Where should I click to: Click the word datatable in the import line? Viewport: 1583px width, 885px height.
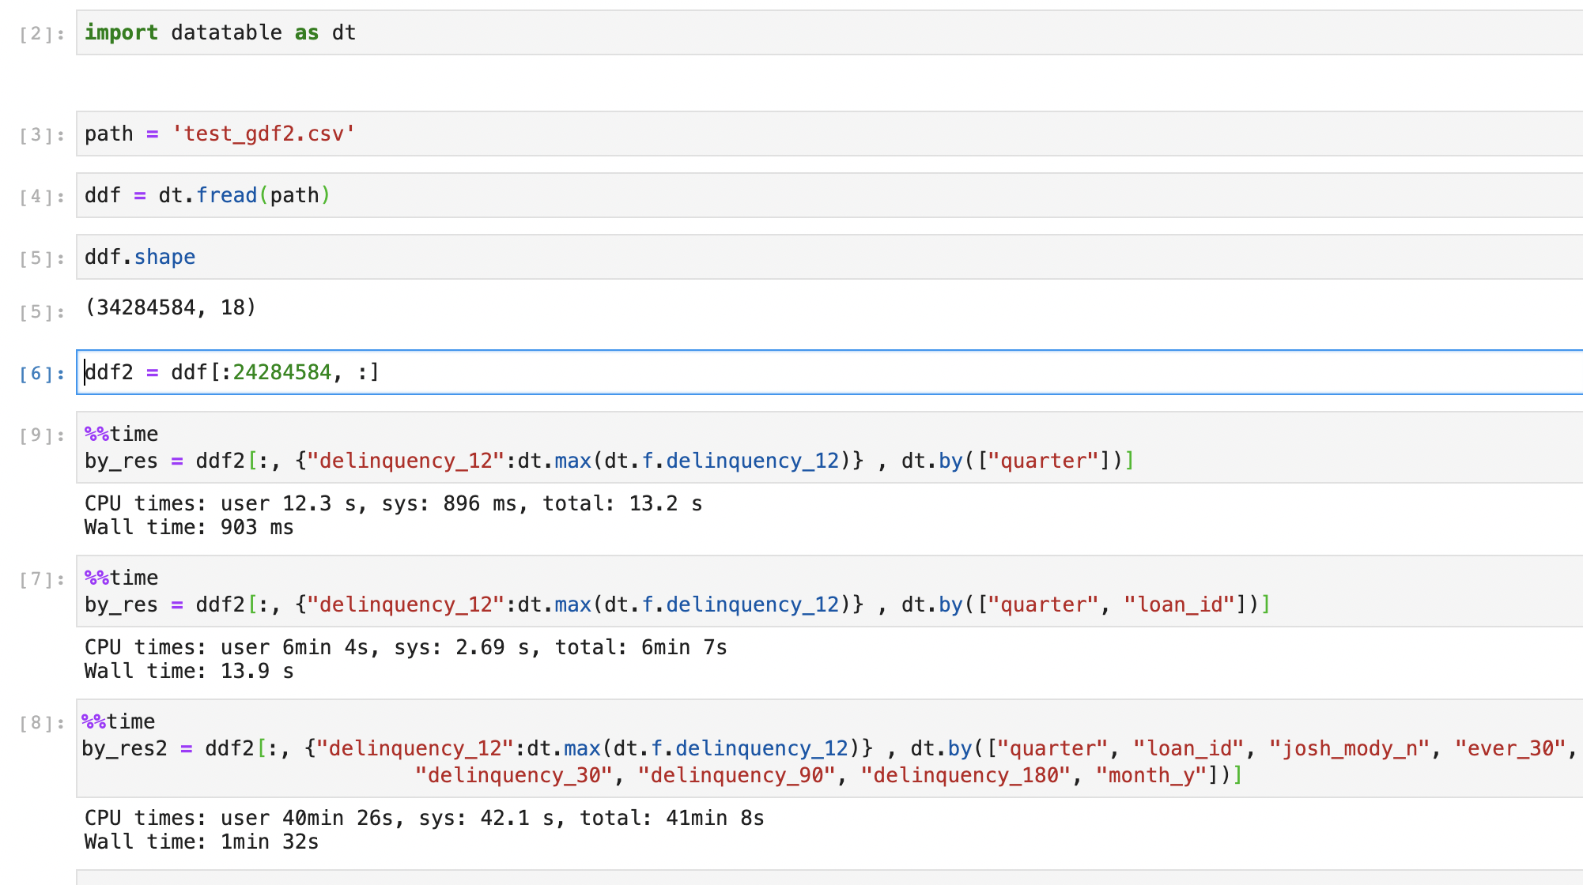(x=226, y=32)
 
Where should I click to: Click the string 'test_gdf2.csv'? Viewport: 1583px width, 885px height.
(x=263, y=134)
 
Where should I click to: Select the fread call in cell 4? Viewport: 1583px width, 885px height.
(x=226, y=195)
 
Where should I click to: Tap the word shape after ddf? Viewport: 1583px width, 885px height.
(x=164, y=257)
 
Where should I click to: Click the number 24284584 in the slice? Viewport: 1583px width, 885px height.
(x=281, y=372)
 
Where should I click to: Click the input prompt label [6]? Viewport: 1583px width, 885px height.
(x=41, y=374)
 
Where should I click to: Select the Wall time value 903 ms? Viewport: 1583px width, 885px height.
(x=257, y=527)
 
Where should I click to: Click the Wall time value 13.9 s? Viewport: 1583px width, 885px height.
(x=257, y=671)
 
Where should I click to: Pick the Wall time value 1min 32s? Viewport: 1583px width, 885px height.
(x=269, y=842)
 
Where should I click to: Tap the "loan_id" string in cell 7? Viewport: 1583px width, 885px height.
(x=1180, y=604)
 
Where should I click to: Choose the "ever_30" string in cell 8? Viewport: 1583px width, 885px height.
(x=1509, y=748)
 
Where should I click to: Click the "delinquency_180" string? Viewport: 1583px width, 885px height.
(x=965, y=775)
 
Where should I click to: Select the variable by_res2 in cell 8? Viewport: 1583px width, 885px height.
(x=124, y=748)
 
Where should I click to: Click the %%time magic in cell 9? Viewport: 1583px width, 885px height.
(x=122, y=434)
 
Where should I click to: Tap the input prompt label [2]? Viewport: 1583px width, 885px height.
(x=41, y=34)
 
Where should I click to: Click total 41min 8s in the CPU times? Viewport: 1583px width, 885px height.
(x=714, y=818)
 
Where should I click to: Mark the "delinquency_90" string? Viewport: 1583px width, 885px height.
(x=736, y=775)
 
